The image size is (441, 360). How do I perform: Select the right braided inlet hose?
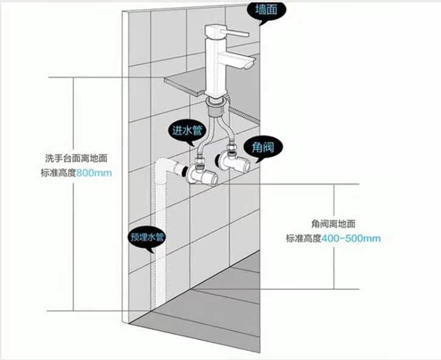pos(227,131)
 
